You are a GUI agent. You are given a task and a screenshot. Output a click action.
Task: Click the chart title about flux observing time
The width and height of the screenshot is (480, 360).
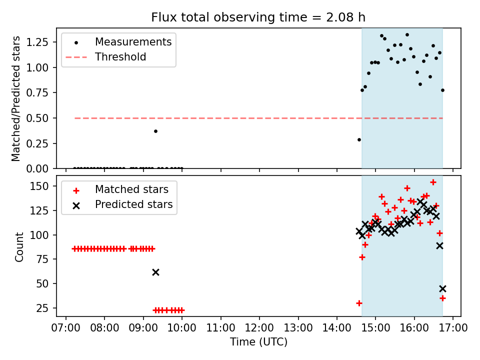(x=258, y=17)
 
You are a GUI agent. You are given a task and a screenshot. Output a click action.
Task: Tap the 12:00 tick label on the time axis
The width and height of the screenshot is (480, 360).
(x=259, y=328)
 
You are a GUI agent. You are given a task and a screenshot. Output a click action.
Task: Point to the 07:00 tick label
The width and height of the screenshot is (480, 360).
(x=66, y=328)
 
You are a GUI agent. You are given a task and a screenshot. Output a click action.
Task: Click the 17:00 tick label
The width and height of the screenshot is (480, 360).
(x=453, y=328)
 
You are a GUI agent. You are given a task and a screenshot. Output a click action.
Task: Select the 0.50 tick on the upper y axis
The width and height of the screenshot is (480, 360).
(x=37, y=118)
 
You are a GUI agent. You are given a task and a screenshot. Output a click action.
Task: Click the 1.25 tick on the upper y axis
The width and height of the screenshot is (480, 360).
(x=37, y=42)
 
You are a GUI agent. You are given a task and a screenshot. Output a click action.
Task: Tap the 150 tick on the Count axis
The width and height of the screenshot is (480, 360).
(x=39, y=186)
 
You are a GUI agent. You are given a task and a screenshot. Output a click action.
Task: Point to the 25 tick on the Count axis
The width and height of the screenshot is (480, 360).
(x=43, y=308)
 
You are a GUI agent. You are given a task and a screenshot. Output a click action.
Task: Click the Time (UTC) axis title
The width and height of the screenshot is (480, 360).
(x=258, y=342)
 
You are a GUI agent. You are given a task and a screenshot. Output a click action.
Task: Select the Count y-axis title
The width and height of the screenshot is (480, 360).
(x=19, y=247)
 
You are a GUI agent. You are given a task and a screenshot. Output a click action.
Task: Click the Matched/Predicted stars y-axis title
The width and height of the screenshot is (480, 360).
(x=15, y=98)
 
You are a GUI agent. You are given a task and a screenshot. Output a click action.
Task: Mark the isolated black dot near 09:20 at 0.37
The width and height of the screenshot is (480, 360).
(x=155, y=131)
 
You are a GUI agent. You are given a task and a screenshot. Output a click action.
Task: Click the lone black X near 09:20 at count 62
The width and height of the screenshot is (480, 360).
(x=155, y=272)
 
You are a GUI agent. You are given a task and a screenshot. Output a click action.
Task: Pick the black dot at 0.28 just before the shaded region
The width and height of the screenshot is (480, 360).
(x=359, y=140)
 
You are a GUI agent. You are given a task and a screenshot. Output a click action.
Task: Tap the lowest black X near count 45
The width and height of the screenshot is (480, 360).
(x=442, y=288)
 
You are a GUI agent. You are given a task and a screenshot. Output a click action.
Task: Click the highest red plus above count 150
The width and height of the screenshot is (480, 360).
(x=433, y=182)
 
